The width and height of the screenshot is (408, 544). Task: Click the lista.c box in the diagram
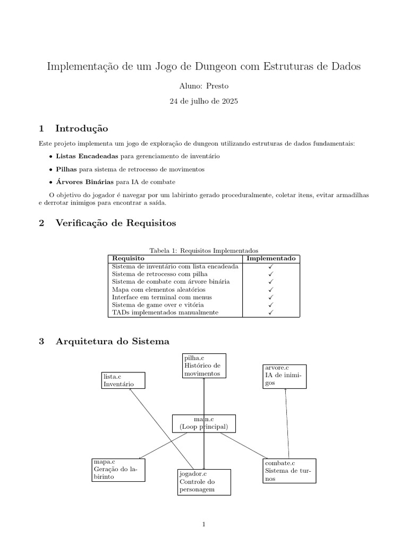click(x=123, y=380)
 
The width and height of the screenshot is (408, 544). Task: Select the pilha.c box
click(x=204, y=365)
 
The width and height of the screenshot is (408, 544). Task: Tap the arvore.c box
click(x=284, y=376)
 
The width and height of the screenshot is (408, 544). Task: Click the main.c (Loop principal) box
click(x=204, y=423)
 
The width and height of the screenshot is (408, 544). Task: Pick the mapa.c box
click(x=118, y=470)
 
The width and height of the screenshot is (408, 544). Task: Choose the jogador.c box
click(x=204, y=482)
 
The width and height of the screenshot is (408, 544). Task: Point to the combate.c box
click(x=289, y=471)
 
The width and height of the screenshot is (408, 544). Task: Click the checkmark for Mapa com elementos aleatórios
click(x=271, y=290)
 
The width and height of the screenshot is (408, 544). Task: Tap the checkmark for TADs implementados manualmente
click(x=271, y=313)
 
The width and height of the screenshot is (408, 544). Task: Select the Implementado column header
click(x=271, y=258)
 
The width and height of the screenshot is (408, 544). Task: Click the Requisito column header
click(x=128, y=258)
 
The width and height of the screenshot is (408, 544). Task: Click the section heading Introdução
click(x=82, y=129)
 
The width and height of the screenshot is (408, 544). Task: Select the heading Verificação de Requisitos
click(x=115, y=223)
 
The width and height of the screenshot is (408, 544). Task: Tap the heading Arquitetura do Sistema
click(x=112, y=341)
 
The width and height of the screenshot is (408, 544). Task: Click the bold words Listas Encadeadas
click(x=87, y=157)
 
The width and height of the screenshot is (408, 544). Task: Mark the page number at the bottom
click(x=203, y=525)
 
